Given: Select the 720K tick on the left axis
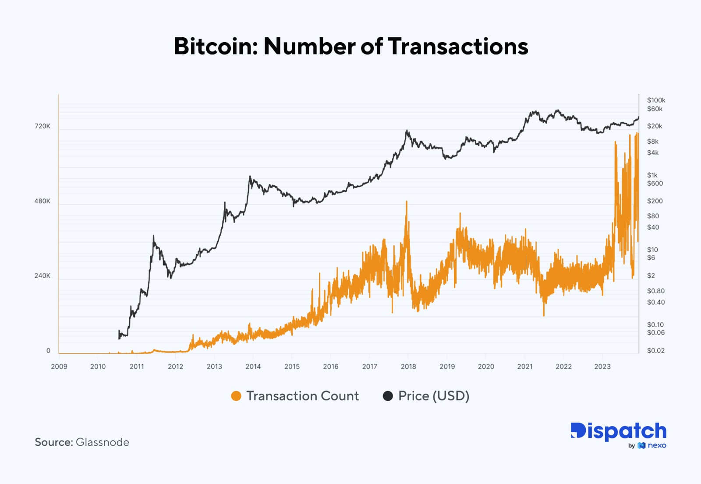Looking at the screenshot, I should click(x=42, y=126).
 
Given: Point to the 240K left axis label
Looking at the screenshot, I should click(x=42, y=276).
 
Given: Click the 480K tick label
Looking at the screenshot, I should click(x=42, y=201).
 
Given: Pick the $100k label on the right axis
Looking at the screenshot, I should click(x=656, y=100).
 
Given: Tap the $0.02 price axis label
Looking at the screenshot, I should click(x=655, y=350).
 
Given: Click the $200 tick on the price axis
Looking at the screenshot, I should click(x=655, y=201).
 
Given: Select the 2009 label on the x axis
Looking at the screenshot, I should click(x=59, y=367).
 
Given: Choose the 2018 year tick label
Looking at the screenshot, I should click(x=408, y=367).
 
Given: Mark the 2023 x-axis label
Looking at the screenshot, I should click(x=602, y=367).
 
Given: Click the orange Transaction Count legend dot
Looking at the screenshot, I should click(x=236, y=396).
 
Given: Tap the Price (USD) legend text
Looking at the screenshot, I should click(x=433, y=396).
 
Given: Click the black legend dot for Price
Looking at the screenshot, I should click(x=388, y=396).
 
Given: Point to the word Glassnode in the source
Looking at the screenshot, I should click(x=103, y=442).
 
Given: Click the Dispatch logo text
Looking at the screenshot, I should click(x=618, y=431).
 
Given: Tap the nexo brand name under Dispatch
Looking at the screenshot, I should click(x=657, y=445).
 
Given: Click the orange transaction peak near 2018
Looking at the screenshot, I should click(x=407, y=202).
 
